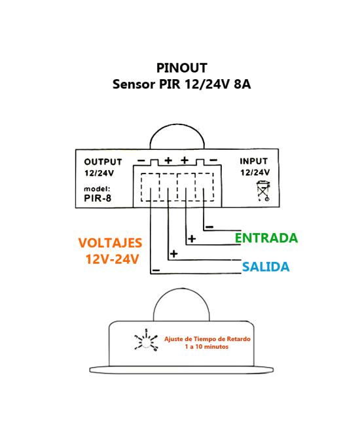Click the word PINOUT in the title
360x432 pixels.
click(x=181, y=68)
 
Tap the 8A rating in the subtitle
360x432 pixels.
click(x=242, y=84)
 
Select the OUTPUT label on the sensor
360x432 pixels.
click(x=103, y=162)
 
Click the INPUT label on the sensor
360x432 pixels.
click(x=253, y=161)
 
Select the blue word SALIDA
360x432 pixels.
click(x=265, y=267)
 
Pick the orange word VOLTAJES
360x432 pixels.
click(x=110, y=243)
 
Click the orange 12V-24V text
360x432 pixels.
click(x=112, y=259)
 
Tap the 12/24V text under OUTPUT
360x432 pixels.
click(x=99, y=173)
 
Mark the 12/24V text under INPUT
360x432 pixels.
click(x=255, y=173)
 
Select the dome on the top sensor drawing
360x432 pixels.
click(x=177, y=137)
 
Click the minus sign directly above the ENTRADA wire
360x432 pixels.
click(x=209, y=227)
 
